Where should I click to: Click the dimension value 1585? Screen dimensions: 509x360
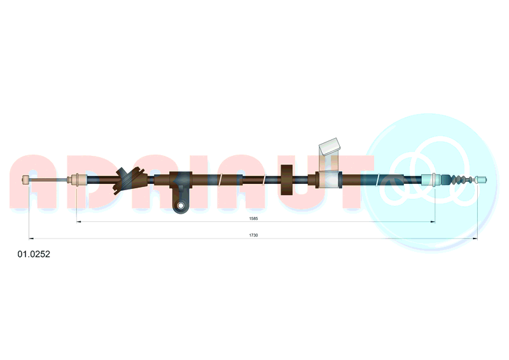click(x=253, y=218)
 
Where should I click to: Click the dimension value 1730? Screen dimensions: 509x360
click(x=253, y=235)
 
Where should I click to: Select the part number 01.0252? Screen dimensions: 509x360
click(x=34, y=254)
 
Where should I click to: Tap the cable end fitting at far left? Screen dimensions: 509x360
click(x=25, y=180)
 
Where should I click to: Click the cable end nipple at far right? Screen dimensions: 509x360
click(x=481, y=179)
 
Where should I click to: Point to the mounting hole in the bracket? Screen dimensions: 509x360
click(x=181, y=205)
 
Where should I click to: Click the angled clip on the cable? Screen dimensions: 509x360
click(x=129, y=180)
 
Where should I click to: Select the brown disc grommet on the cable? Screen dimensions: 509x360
click(x=287, y=180)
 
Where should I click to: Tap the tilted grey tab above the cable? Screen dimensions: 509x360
click(x=329, y=146)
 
